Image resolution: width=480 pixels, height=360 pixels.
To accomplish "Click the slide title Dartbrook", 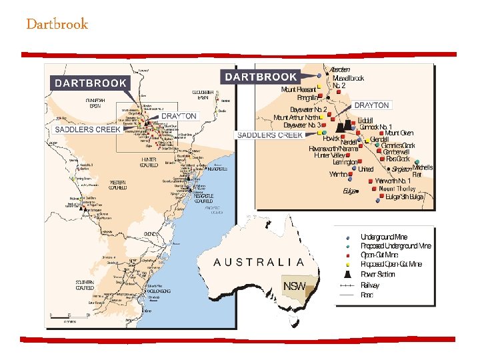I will tap(57, 25).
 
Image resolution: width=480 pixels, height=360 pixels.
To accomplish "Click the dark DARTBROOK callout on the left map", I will tap(90, 83).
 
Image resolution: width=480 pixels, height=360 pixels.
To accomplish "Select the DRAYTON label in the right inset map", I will tap(371, 105).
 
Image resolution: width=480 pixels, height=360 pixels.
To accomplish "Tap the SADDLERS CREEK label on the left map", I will tap(83, 129).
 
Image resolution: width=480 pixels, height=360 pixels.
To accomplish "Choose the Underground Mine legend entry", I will tap(386, 237).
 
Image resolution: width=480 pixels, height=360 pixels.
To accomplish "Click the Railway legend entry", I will tap(371, 284).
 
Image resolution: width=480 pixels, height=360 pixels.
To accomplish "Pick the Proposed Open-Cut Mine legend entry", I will tap(391, 265).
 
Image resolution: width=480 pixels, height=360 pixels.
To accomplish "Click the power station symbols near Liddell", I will tap(345, 127).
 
